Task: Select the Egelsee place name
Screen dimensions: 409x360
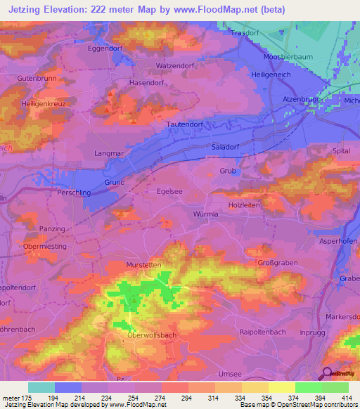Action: tap(170, 190)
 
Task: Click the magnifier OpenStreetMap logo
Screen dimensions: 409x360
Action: tap(328, 374)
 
